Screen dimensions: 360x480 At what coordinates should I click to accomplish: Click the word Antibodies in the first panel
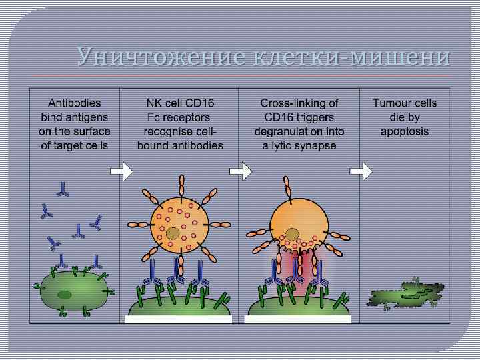pyautogui.click(x=75, y=103)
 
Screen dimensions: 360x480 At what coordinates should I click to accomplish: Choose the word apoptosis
pyautogui.click(x=405, y=132)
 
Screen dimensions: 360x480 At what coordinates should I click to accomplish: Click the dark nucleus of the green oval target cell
pyautogui.click(x=65, y=293)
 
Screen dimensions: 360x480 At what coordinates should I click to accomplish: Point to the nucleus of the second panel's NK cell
pyautogui.click(x=172, y=233)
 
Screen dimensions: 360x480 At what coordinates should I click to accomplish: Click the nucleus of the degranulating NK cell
pyautogui.click(x=291, y=235)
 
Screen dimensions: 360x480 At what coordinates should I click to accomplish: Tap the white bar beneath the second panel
pyautogui.click(x=178, y=319)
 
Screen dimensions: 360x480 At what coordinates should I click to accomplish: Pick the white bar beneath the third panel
pyautogui.click(x=297, y=319)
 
